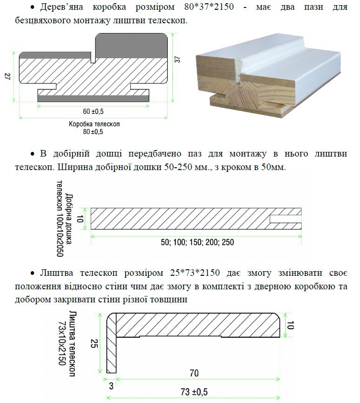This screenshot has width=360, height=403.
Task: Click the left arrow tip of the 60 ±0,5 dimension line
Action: coord(38,106)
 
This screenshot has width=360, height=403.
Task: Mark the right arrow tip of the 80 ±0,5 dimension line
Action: coord(168,118)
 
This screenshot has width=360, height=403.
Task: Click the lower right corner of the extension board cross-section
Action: coord(301,229)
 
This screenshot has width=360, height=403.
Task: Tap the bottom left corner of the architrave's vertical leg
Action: coord(107,373)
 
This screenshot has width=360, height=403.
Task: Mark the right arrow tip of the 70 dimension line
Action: coord(280,379)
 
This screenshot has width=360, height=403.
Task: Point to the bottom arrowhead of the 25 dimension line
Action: coord(100,373)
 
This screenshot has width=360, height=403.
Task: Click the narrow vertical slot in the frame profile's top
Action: coord(93,58)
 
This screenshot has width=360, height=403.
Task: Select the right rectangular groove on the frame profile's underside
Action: coord(140,86)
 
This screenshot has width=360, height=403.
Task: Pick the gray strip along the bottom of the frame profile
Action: coord(93,98)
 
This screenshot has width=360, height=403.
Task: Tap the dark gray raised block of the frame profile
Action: coord(131,46)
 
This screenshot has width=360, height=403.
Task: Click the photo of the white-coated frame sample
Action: coord(268,75)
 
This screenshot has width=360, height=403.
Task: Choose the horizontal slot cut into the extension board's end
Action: coord(285,219)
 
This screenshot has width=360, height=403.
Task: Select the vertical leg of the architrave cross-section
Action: coord(111,343)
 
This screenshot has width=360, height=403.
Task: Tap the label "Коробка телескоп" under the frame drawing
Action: coord(94,124)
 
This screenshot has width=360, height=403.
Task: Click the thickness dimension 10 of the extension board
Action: coord(80,219)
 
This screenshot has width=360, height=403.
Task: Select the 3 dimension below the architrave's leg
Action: coord(111,386)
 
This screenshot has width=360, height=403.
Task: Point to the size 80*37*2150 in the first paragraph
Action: coord(209,7)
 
